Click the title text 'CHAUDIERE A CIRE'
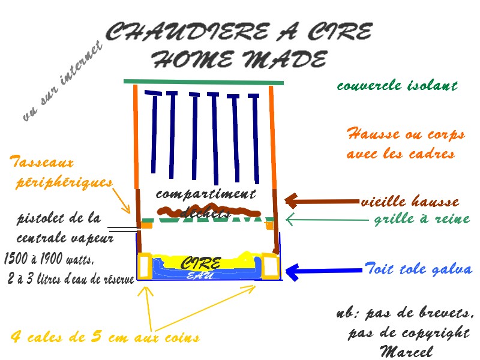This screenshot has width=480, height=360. click(239, 32)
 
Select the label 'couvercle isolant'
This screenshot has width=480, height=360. click(397, 86)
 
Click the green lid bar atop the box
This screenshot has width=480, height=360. click(203, 82)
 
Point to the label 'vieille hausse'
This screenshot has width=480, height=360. click(410, 202)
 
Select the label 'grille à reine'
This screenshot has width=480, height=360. click(422, 218)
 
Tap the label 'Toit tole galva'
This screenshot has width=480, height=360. click(418, 269)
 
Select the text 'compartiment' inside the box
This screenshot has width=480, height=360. click(206, 194)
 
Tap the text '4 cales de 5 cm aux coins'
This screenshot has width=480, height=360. click(105, 337)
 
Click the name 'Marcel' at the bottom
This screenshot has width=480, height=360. click(406, 351)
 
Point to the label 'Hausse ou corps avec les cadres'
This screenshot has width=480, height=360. click(406, 143)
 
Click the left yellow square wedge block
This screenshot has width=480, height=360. click(145, 266)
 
